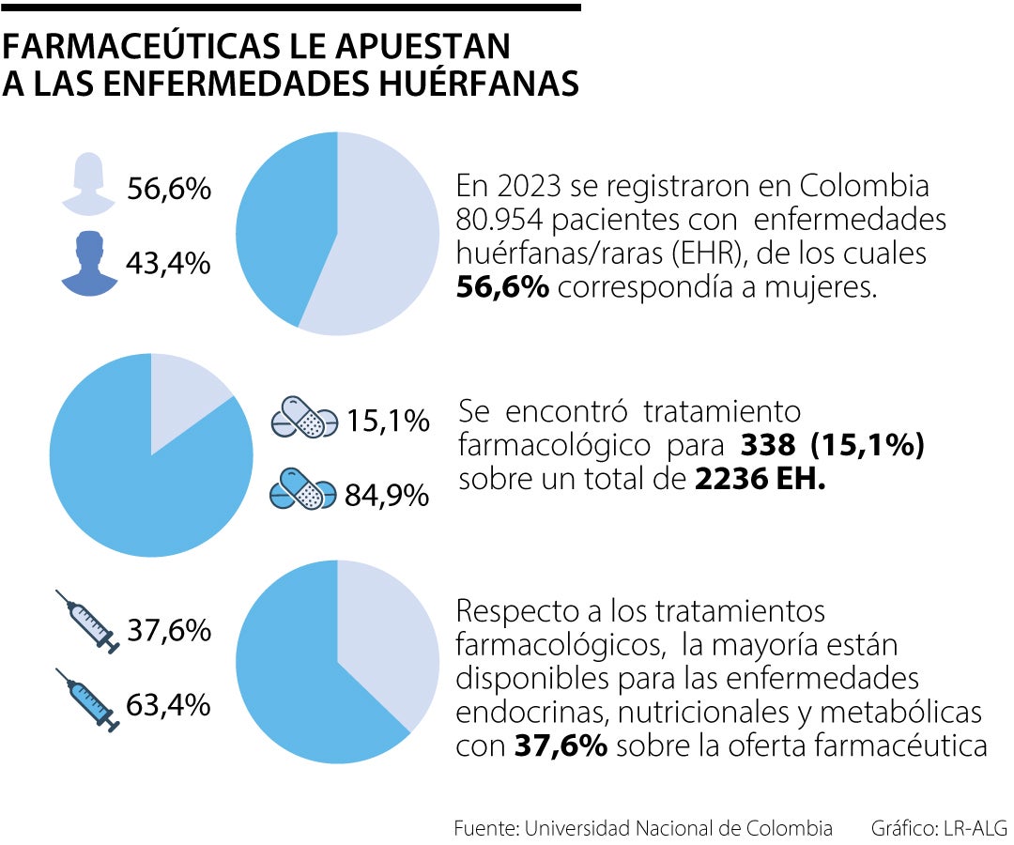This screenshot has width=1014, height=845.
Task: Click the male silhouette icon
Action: (90, 262)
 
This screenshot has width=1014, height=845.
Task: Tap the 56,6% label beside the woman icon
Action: (169, 189)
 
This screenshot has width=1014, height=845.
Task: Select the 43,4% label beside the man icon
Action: (169, 264)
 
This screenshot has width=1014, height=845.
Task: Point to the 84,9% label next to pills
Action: (387, 495)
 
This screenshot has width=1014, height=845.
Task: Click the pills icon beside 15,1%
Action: (303, 418)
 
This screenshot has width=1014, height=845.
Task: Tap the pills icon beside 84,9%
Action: (303, 491)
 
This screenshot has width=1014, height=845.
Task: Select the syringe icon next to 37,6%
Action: (86, 622)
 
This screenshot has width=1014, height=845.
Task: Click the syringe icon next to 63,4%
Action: (86, 699)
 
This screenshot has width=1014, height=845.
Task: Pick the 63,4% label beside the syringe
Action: (169, 704)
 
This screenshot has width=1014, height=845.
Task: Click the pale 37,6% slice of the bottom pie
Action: (394, 638)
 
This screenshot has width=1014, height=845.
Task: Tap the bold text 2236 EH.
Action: (760, 479)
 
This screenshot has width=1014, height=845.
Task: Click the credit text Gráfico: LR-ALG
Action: (938, 828)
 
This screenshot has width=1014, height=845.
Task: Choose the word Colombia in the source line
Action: (789, 828)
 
